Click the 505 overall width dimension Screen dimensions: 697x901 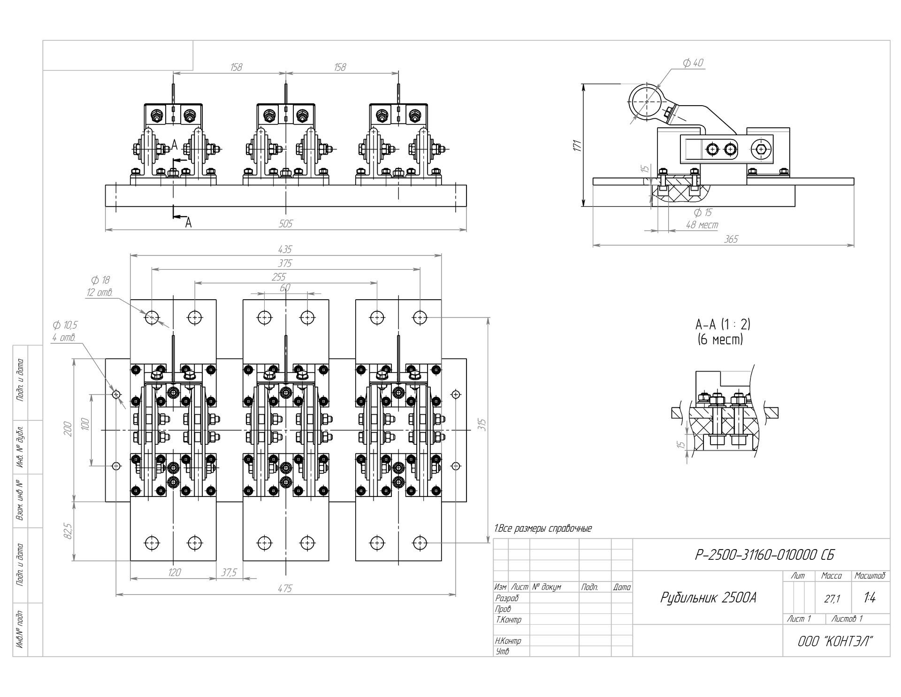285,224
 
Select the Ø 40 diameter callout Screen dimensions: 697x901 693,63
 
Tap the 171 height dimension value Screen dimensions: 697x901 578,145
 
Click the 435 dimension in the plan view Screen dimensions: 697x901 285,249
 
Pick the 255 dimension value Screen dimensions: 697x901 279,277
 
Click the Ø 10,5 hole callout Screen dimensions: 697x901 65,325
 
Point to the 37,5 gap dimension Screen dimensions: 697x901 229,573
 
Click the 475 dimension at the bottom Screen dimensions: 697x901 285,589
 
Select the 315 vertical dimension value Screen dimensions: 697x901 482,425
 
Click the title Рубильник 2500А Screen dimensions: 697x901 708,597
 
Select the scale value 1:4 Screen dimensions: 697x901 869,598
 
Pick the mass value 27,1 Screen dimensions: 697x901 832,599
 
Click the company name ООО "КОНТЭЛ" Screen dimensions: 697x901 835,641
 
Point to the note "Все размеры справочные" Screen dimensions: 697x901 543,528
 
